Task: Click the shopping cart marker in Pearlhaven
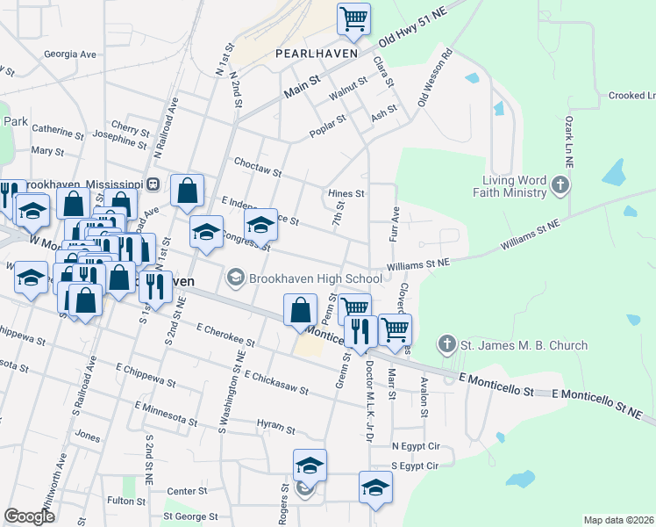coord(353,18)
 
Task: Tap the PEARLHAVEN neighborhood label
coord(316,54)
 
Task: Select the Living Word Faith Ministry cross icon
coord(561,185)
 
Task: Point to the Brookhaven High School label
coord(315,278)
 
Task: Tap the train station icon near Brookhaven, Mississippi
coord(152,184)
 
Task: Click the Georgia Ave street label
coord(70,54)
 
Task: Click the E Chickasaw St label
coord(276,382)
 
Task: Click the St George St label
coord(189,516)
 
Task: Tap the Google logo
coord(29,516)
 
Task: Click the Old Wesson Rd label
coord(434,79)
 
